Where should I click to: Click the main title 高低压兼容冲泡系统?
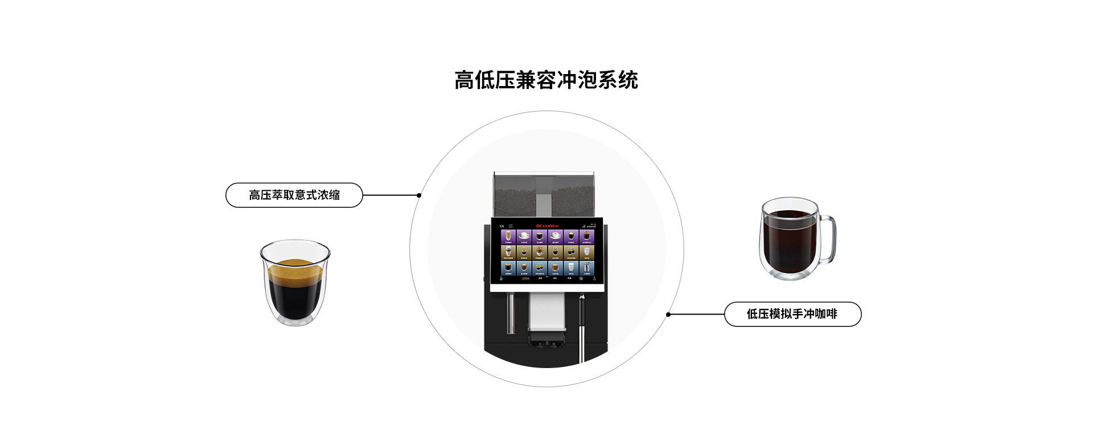tap(546, 80)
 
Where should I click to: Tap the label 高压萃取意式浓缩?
tap(294, 195)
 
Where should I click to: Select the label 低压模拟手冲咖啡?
tap(792, 314)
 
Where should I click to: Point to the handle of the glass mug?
tap(828, 239)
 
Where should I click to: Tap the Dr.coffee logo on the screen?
tap(547, 226)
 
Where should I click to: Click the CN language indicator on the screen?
tap(502, 226)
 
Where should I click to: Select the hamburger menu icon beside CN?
tap(511, 226)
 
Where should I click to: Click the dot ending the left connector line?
tap(419, 195)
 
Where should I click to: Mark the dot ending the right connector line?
tap(668, 315)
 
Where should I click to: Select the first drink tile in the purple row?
tap(508, 236)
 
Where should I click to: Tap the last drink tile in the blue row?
tap(587, 268)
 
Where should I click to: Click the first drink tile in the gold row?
tap(508, 252)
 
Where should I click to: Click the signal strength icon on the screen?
tap(584, 226)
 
